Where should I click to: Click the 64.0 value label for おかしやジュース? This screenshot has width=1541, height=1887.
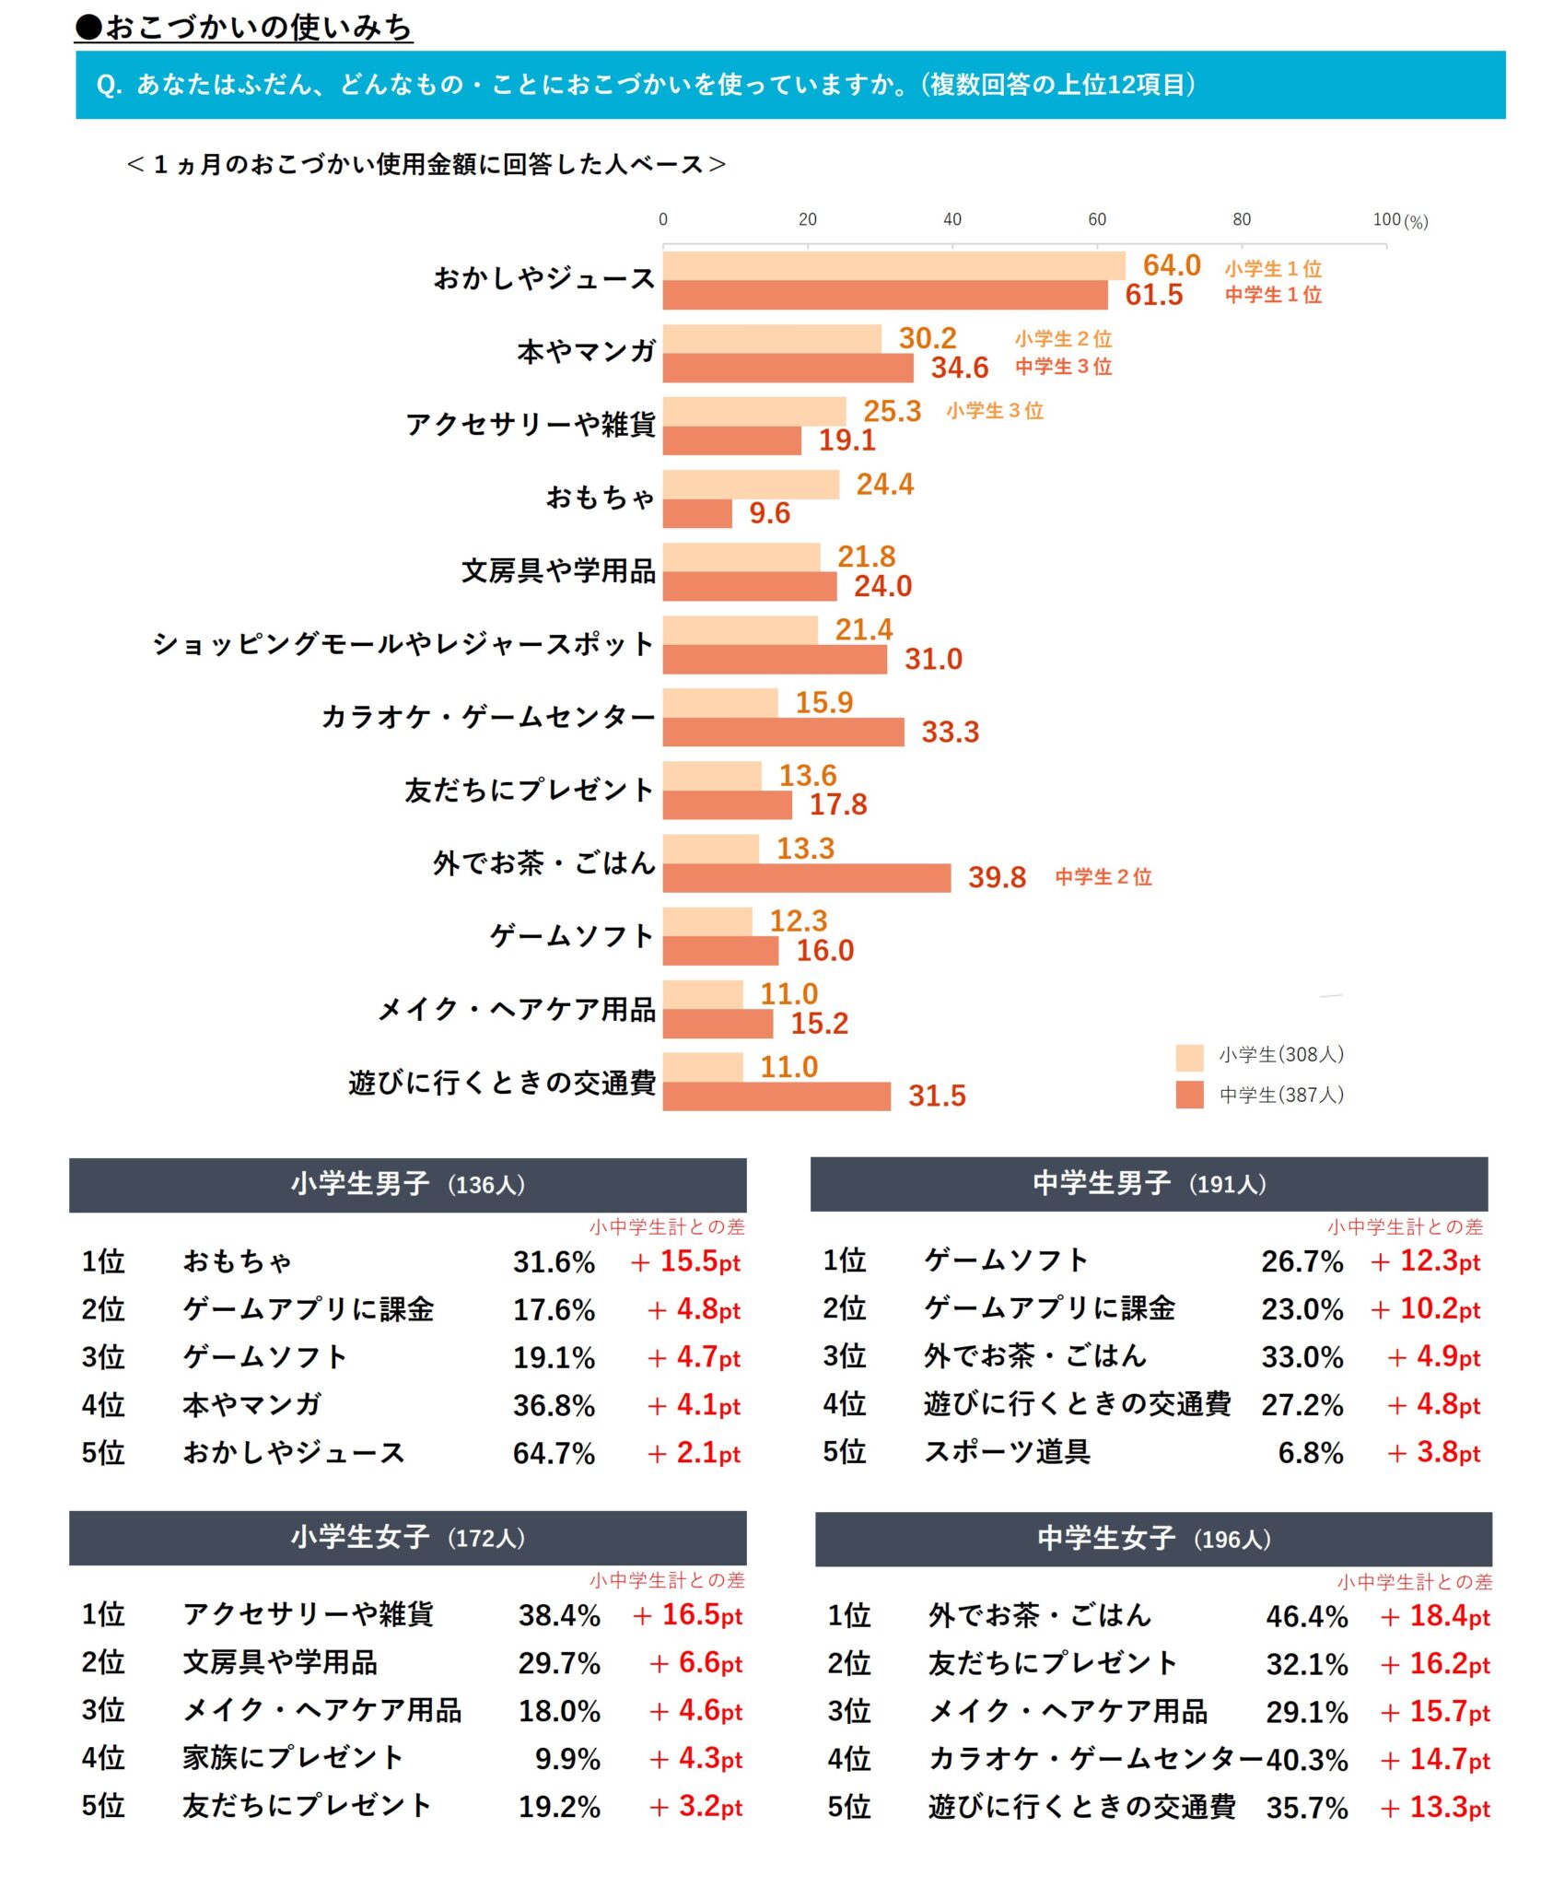(x=1171, y=265)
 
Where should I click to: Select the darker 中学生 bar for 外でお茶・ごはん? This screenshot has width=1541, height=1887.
(x=806, y=877)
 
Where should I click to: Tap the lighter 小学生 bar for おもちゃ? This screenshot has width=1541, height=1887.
(x=751, y=485)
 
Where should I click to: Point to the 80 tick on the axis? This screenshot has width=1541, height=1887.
(x=1241, y=219)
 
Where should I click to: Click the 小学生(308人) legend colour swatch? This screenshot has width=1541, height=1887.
(x=1189, y=1057)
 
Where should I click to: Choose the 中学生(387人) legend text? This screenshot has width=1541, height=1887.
(x=1281, y=1095)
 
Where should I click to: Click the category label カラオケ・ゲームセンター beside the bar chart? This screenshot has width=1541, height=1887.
(x=488, y=717)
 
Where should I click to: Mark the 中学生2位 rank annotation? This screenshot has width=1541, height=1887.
(x=1103, y=877)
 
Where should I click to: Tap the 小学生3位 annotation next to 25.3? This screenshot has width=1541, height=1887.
(x=994, y=411)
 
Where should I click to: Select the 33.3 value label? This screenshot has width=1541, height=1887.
(x=950, y=733)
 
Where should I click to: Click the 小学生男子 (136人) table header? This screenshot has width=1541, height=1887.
(x=407, y=1184)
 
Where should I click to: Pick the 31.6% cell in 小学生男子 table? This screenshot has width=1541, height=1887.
(x=554, y=1261)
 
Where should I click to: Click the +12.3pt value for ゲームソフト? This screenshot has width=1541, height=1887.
(x=1426, y=1260)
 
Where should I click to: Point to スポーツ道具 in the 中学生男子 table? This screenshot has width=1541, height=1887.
(x=1007, y=1452)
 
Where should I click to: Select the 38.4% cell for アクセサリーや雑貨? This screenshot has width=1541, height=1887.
(x=558, y=1615)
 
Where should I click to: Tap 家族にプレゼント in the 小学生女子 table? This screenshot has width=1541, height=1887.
(x=293, y=1758)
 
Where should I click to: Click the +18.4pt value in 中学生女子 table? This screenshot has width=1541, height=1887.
(x=1435, y=1616)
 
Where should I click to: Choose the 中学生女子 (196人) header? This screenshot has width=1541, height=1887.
(x=1153, y=1538)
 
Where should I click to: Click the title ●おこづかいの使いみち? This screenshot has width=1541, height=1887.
(x=244, y=28)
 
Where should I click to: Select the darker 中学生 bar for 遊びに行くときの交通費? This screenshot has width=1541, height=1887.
(x=776, y=1096)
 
